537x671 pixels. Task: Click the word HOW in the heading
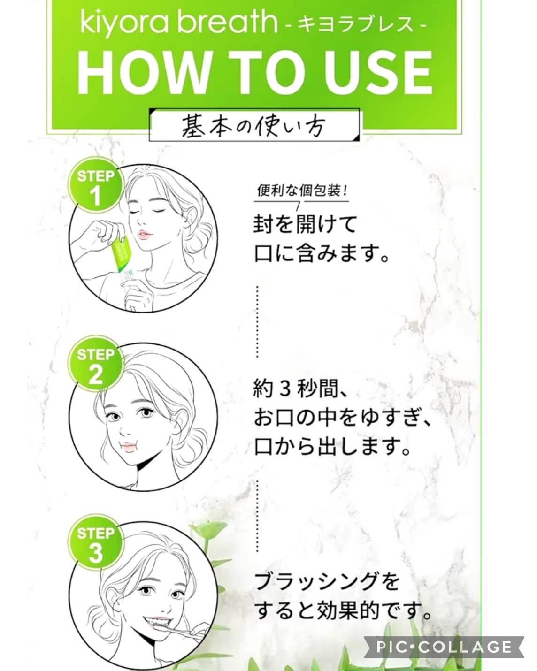click(x=144, y=73)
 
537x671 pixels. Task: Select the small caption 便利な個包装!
click(x=302, y=191)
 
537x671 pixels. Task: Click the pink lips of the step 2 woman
click(x=128, y=447)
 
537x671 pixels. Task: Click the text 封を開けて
click(x=305, y=224)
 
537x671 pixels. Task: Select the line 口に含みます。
click(x=322, y=254)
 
